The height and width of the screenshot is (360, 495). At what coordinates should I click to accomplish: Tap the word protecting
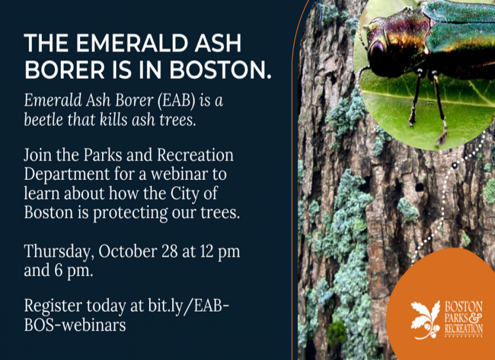[130, 213]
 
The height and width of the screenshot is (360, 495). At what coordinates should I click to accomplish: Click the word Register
[53, 306]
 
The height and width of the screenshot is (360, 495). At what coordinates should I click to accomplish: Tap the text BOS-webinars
[75, 324]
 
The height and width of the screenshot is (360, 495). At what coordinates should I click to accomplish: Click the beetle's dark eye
[376, 50]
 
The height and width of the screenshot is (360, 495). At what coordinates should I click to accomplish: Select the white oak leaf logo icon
[425, 319]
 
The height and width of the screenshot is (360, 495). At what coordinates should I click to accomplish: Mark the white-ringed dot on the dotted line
[454, 165]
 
